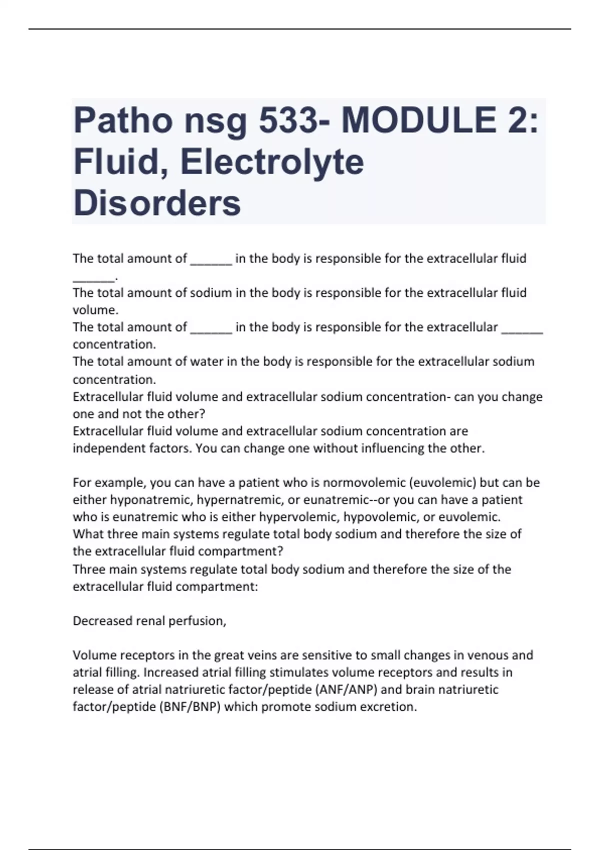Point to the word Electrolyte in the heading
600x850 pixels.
pos(272,162)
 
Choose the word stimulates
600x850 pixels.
pos(298,672)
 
